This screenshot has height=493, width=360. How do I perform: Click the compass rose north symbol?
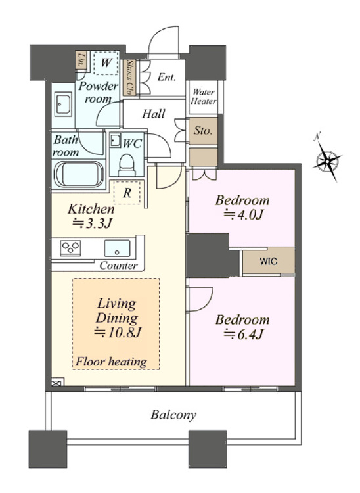(328, 160)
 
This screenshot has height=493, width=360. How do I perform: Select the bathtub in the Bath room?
(79, 174)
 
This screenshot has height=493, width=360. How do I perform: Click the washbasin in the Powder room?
(63, 104)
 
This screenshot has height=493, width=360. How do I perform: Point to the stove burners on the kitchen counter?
(71, 247)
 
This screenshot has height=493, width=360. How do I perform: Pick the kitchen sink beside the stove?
(117, 248)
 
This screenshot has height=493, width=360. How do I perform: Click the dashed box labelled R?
(127, 193)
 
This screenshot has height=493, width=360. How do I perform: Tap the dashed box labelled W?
(106, 63)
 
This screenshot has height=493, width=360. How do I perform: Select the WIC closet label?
(269, 261)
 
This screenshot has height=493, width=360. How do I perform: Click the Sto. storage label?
(202, 131)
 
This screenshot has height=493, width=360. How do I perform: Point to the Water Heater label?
(204, 97)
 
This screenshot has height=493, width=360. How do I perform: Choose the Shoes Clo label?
(129, 77)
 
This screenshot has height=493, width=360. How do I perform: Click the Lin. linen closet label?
(81, 60)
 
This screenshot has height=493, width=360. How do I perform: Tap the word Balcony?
(173, 415)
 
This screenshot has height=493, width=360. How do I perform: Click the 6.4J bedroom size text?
(243, 334)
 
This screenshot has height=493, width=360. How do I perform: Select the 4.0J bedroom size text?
(243, 214)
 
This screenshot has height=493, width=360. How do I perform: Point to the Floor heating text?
(111, 362)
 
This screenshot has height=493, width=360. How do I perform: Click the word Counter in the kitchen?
(118, 266)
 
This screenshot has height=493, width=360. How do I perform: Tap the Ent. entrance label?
(166, 77)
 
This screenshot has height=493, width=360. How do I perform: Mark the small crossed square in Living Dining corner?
(56, 383)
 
